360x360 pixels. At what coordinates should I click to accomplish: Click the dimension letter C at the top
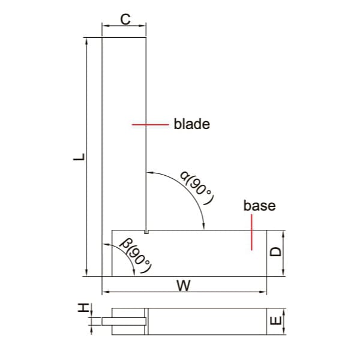[124, 19]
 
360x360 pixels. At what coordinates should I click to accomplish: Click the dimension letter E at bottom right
[275, 322]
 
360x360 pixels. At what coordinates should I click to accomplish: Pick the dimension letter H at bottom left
[82, 308]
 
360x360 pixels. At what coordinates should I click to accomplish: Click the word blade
[191, 125]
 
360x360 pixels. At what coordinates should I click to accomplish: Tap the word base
[259, 206]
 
